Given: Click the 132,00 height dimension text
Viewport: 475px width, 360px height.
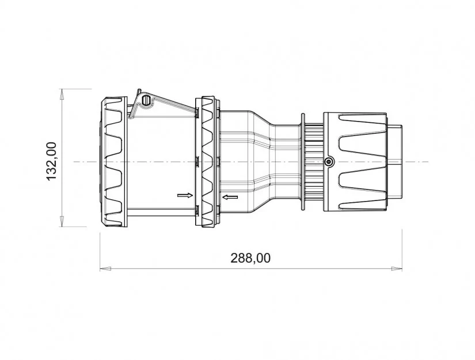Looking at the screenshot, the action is pyautogui.click(x=51, y=161).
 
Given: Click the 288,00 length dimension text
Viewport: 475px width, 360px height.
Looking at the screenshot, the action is pyautogui.click(x=250, y=258).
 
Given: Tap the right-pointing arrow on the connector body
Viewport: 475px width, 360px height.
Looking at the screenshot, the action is pyautogui.click(x=185, y=195).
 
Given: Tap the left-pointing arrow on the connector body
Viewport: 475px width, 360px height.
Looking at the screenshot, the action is pyautogui.click(x=230, y=198).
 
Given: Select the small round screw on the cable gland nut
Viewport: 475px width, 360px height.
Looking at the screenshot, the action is pyautogui.click(x=328, y=162).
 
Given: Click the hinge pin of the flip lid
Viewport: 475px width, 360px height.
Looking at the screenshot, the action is pyautogui.click(x=147, y=100).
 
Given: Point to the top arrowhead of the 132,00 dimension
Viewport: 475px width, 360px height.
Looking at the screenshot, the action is pyautogui.click(x=62, y=94).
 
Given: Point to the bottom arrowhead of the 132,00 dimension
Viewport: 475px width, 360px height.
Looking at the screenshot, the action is pyautogui.click(x=62, y=221).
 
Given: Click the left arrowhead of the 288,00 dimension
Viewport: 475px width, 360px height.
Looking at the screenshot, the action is pyautogui.click(x=105, y=268).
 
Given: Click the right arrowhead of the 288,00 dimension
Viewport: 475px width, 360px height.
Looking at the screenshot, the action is pyautogui.click(x=397, y=268).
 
